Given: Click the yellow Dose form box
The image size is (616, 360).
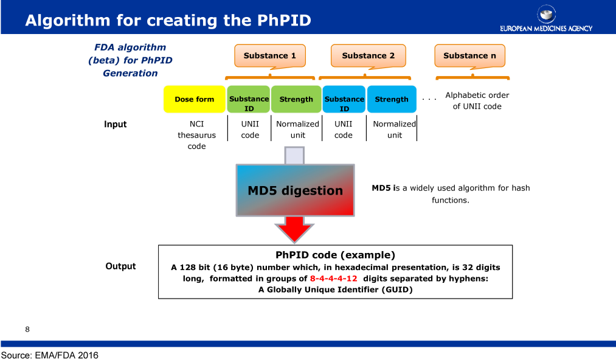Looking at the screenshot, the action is coord(195,99).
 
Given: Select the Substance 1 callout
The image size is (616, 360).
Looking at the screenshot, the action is coord(270,56).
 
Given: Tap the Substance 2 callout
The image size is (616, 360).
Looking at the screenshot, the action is coord(368,56).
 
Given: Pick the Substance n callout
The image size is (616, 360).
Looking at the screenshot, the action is coord(469,56).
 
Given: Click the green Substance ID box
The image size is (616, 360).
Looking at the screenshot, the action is coord(249,99).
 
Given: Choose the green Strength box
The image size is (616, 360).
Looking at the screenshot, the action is coord(296,99).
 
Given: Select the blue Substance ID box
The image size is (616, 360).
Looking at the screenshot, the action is coord(344,99).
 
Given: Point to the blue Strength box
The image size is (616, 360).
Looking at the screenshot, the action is coord(392,99).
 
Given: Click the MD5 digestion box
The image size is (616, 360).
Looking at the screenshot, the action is coord(295,190).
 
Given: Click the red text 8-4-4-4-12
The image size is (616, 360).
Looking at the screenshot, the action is coord(333,279).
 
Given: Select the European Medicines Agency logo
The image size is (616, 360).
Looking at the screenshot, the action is coord(546,18).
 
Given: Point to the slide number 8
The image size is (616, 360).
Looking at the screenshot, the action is coord(27,330).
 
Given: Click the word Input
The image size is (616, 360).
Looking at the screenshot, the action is coord(115,124).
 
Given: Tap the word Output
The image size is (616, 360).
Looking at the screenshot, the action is coord(120,266).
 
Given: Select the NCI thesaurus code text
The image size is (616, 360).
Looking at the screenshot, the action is coord(196,135).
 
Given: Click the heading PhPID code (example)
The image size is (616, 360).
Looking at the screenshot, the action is coord(335,255).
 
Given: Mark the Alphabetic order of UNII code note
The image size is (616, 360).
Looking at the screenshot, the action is coord(477,100).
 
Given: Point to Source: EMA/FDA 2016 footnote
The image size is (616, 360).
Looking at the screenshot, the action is coord(49,355).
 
